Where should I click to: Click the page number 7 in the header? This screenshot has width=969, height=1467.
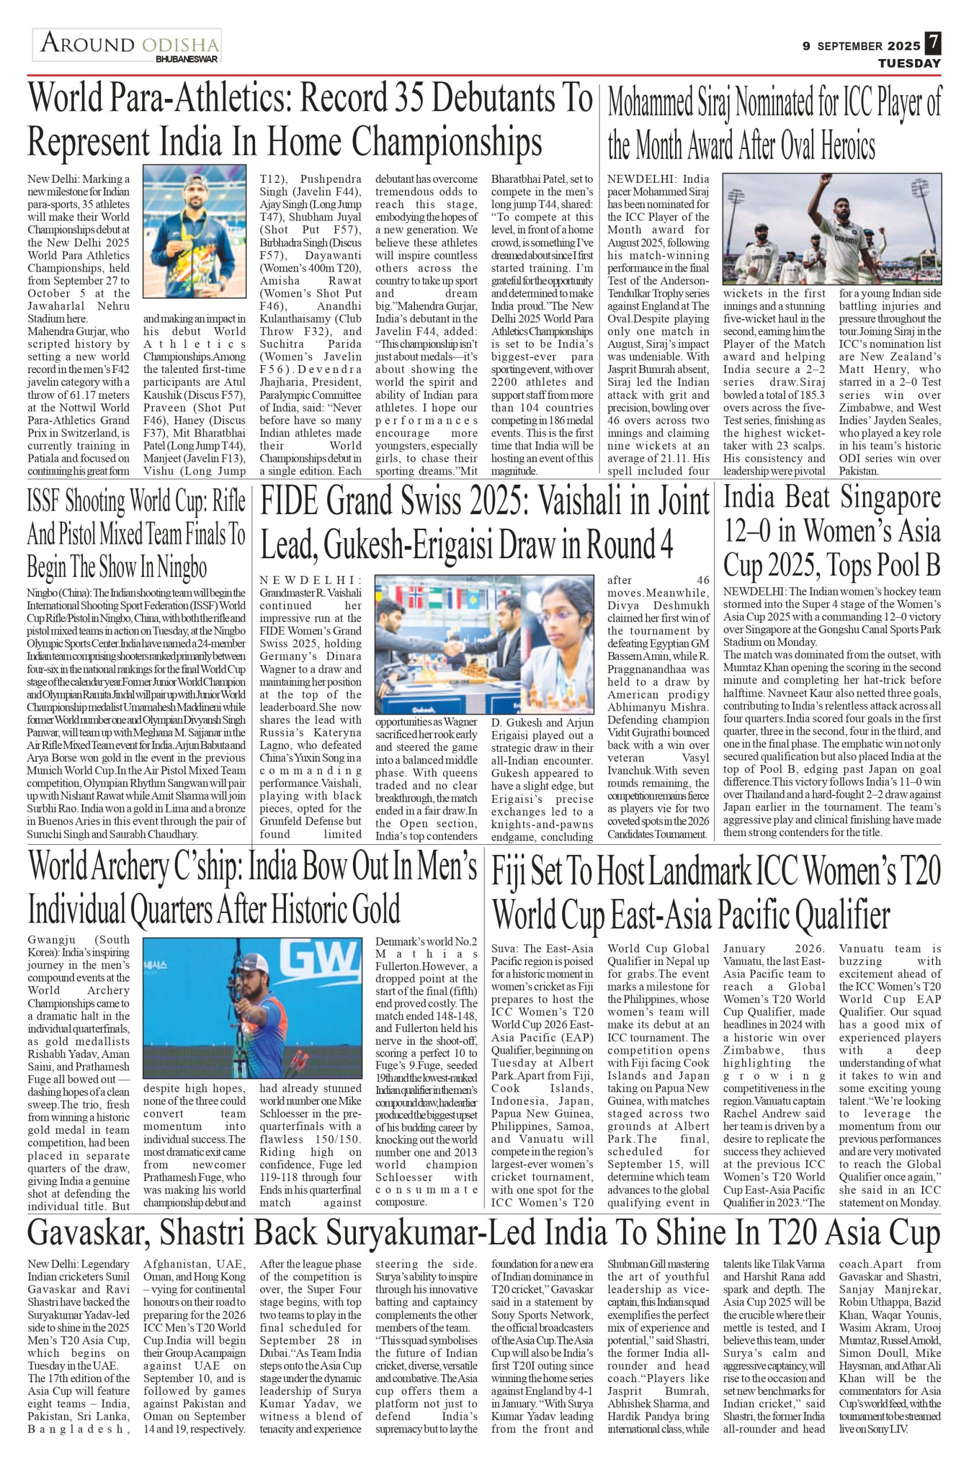[x=932, y=45]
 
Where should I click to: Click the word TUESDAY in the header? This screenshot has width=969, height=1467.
[x=909, y=63]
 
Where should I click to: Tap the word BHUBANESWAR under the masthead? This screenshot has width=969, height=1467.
[x=187, y=60]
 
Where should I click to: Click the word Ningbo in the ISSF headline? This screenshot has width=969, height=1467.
[x=182, y=567]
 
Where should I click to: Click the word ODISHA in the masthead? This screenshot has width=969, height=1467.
[x=180, y=45]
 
